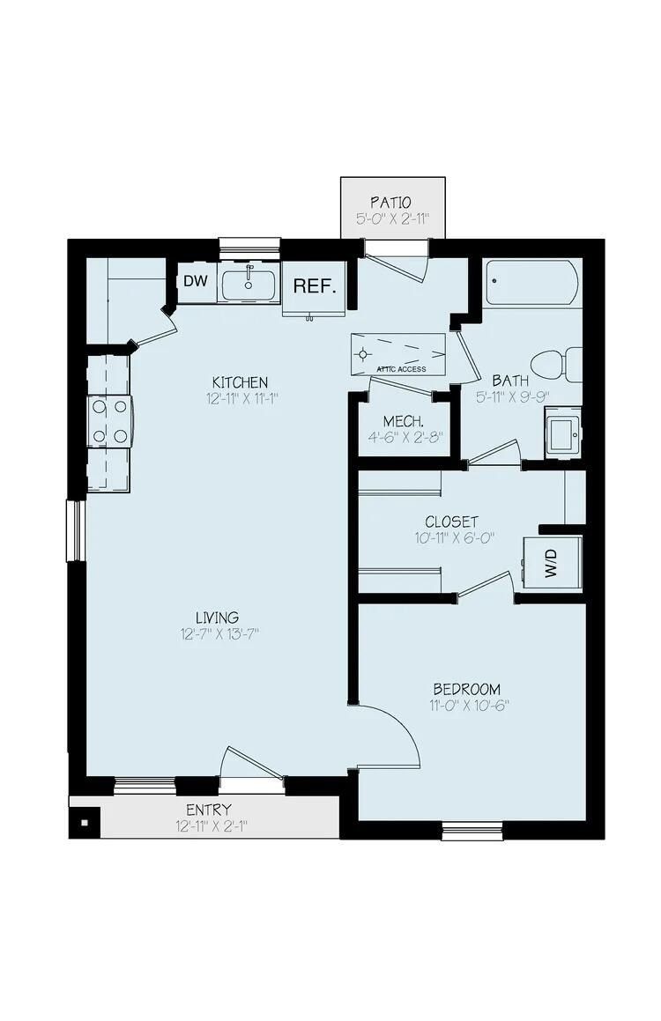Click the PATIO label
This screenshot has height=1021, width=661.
pyautogui.click(x=391, y=203)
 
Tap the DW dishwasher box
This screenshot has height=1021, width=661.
pyautogui.click(x=194, y=282)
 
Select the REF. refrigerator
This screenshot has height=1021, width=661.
pyautogui.click(x=314, y=286)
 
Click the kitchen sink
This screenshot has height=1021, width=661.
pyautogui.click(x=249, y=285)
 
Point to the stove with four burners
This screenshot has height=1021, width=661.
pyautogui.click(x=108, y=422)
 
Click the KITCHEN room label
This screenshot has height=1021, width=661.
pyautogui.click(x=239, y=382)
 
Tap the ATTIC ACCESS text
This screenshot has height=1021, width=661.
pyautogui.click(x=401, y=369)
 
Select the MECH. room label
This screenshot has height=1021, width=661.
pyautogui.click(x=404, y=420)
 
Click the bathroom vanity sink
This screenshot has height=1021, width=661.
pyautogui.click(x=562, y=432)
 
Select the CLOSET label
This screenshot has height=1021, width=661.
pyautogui.click(x=451, y=522)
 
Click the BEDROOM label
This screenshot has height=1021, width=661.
pyautogui.click(x=466, y=689)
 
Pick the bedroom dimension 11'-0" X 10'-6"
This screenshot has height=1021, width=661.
pyautogui.click(x=466, y=706)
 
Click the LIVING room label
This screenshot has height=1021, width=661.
pyautogui.click(x=218, y=618)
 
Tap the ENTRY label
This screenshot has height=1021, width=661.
pyautogui.click(x=209, y=810)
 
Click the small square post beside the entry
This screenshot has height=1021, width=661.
pyautogui.click(x=85, y=824)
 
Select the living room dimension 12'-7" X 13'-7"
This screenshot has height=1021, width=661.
pyautogui.click(x=218, y=634)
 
